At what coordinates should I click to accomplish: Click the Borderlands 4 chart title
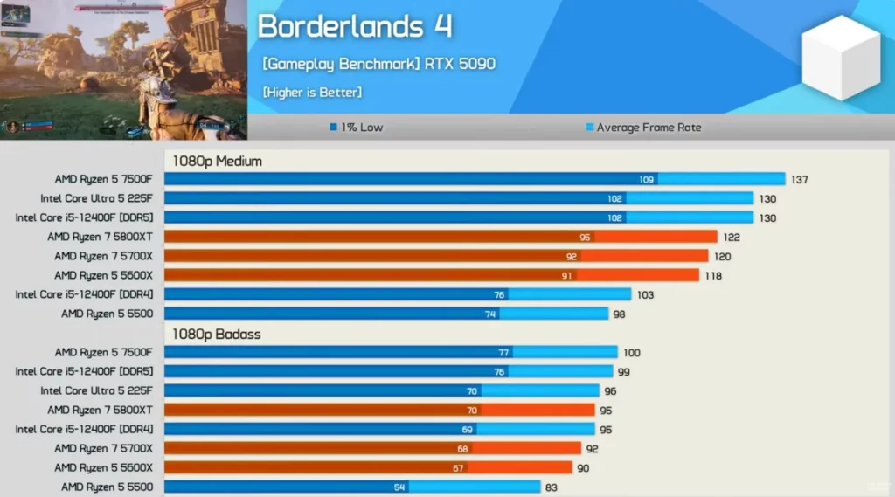coord(355,26)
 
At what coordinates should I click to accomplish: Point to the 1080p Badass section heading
coord(216,334)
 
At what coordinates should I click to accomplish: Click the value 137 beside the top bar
coord(799,180)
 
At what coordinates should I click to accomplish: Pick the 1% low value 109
coord(647,180)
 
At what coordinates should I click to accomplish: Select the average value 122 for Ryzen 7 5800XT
coord(731,238)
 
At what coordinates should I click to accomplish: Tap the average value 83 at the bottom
coord(551,487)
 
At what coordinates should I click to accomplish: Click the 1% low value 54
coord(399,487)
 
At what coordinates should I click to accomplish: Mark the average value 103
coord(644,295)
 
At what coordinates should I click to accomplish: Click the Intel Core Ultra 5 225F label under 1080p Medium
coord(96,199)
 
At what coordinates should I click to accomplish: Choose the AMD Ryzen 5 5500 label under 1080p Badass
coord(107,487)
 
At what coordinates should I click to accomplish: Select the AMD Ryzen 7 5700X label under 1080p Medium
coord(103,257)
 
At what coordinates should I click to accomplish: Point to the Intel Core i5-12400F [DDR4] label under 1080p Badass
coord(84,429)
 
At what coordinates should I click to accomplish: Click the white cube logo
coord(839,58)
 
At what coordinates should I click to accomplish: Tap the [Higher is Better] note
coord(311,92)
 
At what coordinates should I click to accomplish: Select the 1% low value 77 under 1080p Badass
coord(503,353)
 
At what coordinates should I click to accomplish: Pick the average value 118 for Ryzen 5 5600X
coord(712,276)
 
